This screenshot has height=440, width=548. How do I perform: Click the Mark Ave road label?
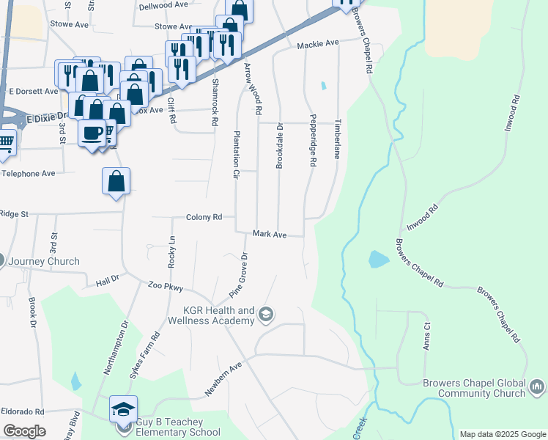click(x=269, y=234)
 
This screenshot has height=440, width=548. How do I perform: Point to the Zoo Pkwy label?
click(x=165, y=287)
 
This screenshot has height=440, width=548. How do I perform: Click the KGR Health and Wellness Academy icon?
click(x=266, y=315)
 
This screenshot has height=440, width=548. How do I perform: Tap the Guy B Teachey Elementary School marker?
click(x=124, y=408)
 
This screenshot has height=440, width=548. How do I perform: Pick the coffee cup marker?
click(x=92, y=133)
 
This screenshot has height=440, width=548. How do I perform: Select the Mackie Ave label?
click(x=318, y=44)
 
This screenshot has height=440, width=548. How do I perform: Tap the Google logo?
click(x=24, y=431)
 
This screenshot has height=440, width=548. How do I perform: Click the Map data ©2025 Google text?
click(x=502, y=434)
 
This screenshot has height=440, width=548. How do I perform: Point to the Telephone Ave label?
click(x=28, y=174)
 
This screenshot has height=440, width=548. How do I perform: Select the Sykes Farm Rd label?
click(x=145, y=356)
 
